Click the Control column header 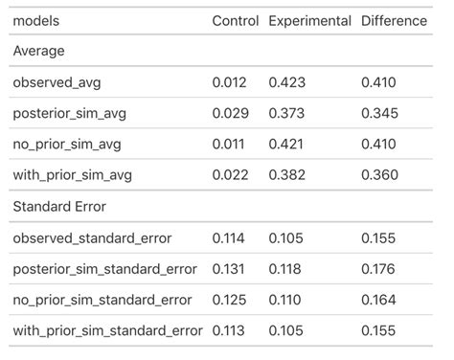235,20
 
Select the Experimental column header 310,20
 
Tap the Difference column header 394,20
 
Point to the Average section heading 39,51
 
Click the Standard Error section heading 59,206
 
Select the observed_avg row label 56,82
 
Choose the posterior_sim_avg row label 69,114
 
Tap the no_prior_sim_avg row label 67,145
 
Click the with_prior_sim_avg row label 73,175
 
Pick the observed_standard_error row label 95,237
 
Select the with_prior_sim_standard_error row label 108,331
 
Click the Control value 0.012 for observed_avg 229,82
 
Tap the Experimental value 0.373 286,114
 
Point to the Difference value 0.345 378,114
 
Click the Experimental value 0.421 286,145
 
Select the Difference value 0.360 378,175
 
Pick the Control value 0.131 229,269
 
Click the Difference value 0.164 378,300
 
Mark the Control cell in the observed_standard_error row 229,237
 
